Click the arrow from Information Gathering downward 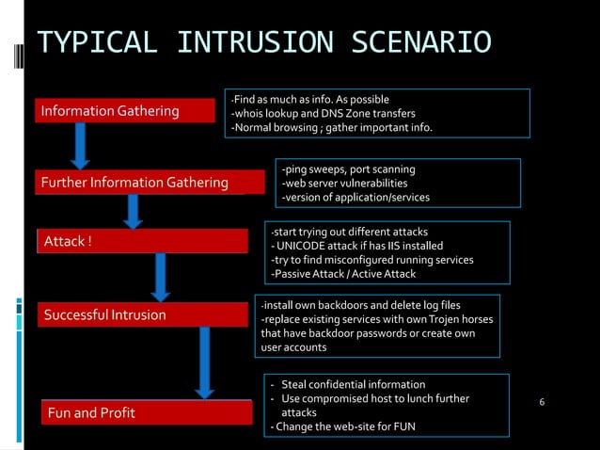(81, 146)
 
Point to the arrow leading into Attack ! (134, 210)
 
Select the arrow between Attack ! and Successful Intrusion (161, 276)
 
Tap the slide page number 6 (542, 403)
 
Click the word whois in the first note (249, 114)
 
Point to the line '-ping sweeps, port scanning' (348, 169)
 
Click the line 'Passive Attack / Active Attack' (342, 274)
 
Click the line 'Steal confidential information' (353, 384)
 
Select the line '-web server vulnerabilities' (344, 183)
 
